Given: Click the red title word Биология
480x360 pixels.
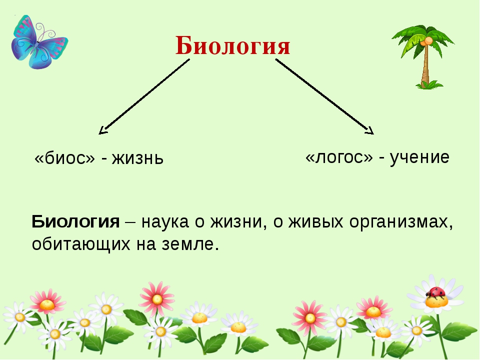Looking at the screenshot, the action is click(x=232, y=46).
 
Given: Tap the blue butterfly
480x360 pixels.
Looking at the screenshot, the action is click(x=38, y=42).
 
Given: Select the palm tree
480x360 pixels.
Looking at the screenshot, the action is click(x=423, y=57).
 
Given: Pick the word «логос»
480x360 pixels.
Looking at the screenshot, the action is click(x=339, y=156).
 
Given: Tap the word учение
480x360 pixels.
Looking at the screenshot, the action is click(x=419, y=157).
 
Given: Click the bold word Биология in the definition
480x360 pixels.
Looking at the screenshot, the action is click(x=75, y=221).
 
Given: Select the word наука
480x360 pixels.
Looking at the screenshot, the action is click(x=165, y=222).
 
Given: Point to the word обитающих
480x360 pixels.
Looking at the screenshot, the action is click(x=81, y=244).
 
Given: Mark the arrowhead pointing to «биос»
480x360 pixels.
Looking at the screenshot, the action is click(x=103, y=130).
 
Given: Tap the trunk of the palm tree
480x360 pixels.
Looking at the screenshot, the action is click(x=425, y=66).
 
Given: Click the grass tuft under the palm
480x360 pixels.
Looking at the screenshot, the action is click(x=428, y=85).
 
